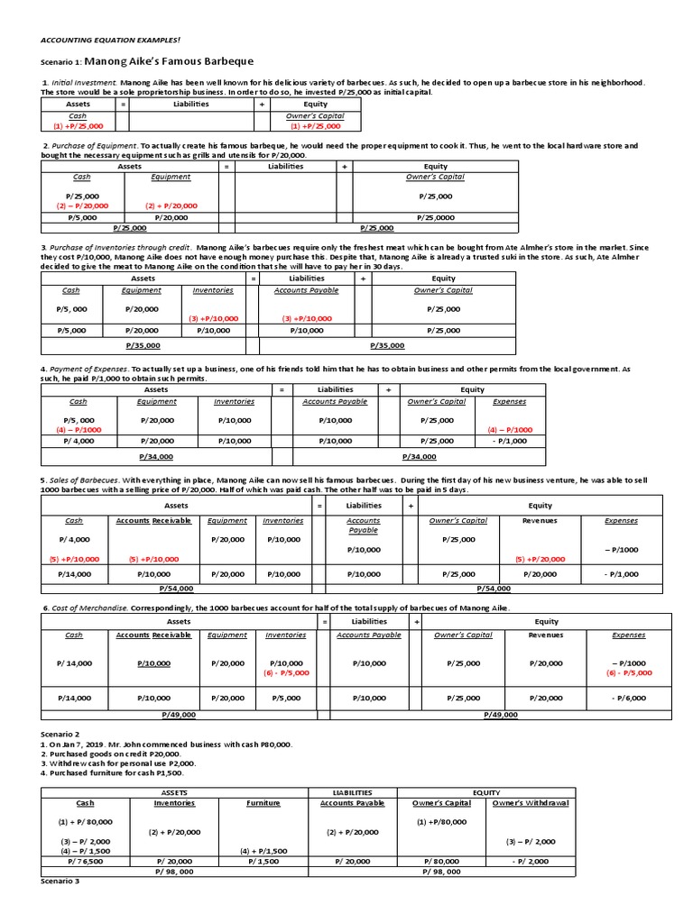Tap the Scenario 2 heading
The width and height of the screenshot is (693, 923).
click(x=60, y=735)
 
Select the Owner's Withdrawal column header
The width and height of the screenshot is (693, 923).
click(x=531, y=802)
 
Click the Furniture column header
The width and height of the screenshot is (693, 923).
click(x=263, y=802)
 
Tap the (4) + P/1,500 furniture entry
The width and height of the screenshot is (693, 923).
click(x=263, y=851)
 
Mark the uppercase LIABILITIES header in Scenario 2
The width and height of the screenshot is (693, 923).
click(x=351, y=792)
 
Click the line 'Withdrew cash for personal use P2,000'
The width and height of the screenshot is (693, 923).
click(x=117, y=763)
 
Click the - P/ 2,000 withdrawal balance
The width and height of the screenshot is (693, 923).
click(x=531, y=861)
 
